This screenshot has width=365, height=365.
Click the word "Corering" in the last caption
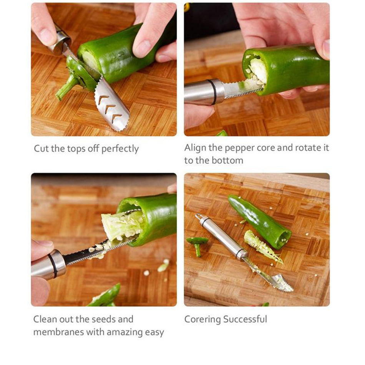(202, 319)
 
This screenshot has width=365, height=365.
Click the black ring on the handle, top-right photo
(213, 92)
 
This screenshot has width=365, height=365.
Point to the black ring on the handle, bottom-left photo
(53, 265)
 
